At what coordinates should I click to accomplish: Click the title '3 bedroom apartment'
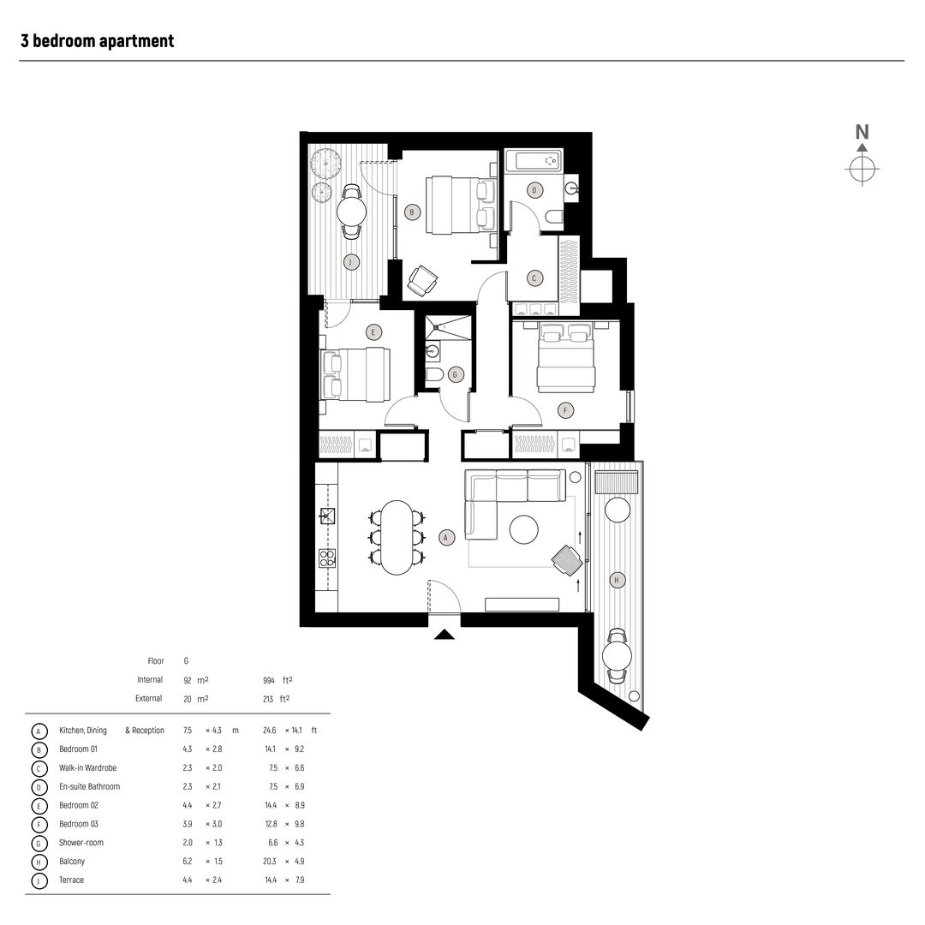coord(97,40)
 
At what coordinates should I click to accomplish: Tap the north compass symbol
coord(862,169)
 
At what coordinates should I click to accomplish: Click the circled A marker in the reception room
coord(445,537)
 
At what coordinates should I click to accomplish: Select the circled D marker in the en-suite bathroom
coord(535,189)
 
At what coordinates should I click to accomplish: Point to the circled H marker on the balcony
coord(616,581)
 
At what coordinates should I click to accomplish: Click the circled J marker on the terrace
coord(349,261)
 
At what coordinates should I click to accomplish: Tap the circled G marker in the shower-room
coord(457,374)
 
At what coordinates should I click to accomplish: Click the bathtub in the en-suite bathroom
coord(533,161)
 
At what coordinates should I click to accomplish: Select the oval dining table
coord(396,537)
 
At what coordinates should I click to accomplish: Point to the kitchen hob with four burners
coord(327,559)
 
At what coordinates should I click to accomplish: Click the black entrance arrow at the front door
coord(445,635)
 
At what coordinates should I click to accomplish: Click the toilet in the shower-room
coord(434,374)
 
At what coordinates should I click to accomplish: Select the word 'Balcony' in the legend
coord(72,862)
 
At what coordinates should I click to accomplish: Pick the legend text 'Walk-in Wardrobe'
coord(88,767)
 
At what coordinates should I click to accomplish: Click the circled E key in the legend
coord(38,805)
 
